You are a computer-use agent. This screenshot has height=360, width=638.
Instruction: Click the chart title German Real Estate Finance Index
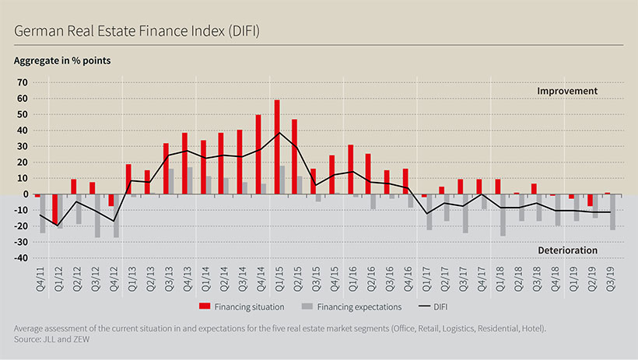pyautogui.click(x=136, y=31)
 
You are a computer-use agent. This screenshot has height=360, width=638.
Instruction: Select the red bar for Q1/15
pyautogui.click(x=277, y=147)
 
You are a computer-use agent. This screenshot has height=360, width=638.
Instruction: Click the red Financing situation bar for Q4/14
pyautogui.click(x=258, y=154)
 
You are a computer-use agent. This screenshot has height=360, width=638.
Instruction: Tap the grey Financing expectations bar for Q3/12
pyautogui.click(x=97, y=215)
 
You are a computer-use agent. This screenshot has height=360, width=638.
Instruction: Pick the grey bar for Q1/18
pyautogui.click(x=503, y=215)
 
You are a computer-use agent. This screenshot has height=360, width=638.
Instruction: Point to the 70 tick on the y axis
pyautogui.click(x=23, y=82)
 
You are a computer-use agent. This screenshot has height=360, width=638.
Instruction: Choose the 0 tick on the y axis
pyautogui.click(x=25, y=194)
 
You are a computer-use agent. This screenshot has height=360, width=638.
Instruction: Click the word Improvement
pyautogui.click(x=567, y=91)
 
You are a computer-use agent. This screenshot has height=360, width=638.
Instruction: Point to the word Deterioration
pyautogui.click(x=567, y=250)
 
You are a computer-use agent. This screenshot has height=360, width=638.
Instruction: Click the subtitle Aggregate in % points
pyautogui.click(x=66, y=60)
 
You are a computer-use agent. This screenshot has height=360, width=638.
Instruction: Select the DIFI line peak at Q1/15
pyautogui.click(x=280, y=133)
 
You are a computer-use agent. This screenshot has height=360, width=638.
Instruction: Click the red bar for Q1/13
pyautogui.click(x=128, y=179)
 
